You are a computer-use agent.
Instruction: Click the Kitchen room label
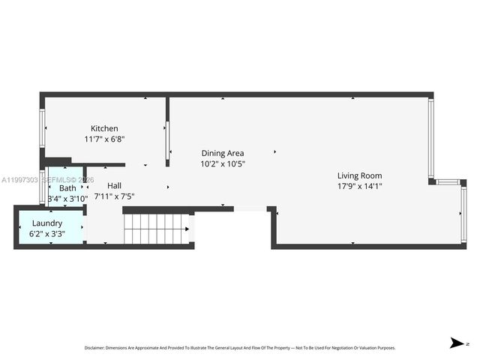tap(104, 128)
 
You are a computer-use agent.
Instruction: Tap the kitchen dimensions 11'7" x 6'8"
tap(104, 139)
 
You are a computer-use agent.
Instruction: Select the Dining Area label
tap(222, 153)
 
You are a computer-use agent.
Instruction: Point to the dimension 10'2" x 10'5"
tap(222, 163)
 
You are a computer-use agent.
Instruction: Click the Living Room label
tap(359, 175)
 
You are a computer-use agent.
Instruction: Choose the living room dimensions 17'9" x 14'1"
tap(359, 186)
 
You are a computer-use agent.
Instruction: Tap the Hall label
tap(114, 185)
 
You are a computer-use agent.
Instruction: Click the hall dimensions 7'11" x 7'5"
tap(114, 196)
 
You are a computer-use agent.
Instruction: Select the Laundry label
tap(46, 223)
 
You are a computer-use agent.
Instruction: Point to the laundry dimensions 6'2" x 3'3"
tap(46, 233)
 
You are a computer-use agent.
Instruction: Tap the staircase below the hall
tap(155, 229)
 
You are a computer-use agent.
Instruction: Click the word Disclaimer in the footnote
tap(94, 348)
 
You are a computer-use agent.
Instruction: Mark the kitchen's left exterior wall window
tap(42, 128)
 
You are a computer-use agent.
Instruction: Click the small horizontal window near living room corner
tap(447, 181)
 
